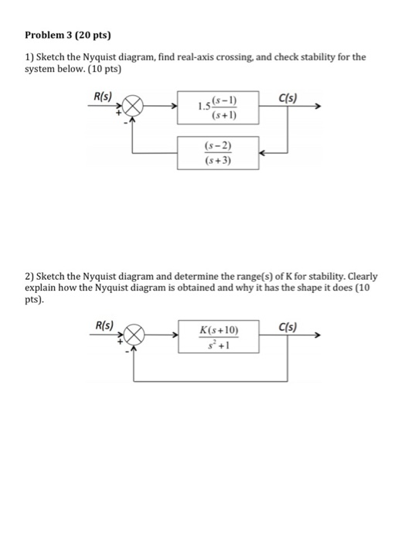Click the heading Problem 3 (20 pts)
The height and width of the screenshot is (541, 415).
pos(68,35)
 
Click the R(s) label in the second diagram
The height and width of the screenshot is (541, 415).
pos(103,325)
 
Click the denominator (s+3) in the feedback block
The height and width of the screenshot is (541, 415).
pos(219,161)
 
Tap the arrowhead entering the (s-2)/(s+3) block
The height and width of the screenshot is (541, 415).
pos(263,153)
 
